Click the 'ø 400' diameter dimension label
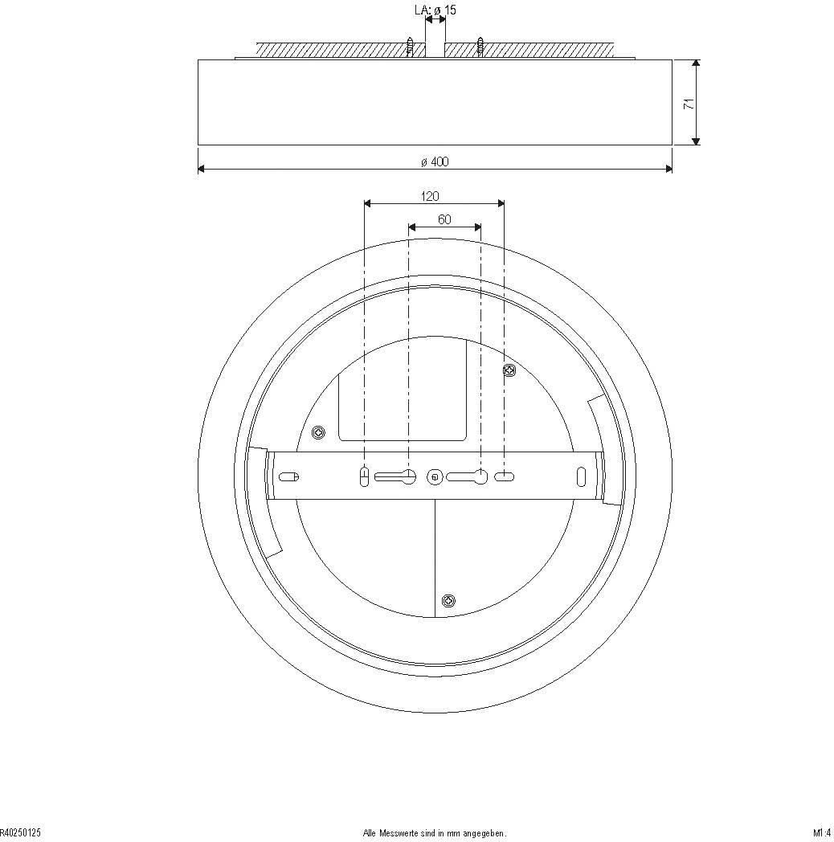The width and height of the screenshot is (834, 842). (435, 161)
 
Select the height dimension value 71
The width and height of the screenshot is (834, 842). (688, 104)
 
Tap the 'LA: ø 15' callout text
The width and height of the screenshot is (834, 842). (435, 10)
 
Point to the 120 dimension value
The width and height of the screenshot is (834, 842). (430, 196)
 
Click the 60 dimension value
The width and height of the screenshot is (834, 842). (444, 219)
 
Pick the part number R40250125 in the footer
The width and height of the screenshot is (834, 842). (21, 833)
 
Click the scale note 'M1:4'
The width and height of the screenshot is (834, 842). (821, 833)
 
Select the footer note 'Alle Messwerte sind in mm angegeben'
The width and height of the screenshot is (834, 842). (435, 834)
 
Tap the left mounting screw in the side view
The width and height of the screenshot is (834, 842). (410, 47)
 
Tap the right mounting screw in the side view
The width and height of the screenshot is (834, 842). (480, 47)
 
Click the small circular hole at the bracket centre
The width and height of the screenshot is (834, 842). (435, 477)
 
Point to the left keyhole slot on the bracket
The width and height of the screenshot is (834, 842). (395, 476)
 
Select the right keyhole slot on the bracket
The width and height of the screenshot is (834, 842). (468, 476)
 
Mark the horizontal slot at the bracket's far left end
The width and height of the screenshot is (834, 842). (288, 476)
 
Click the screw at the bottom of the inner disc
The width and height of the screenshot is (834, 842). (448, 600)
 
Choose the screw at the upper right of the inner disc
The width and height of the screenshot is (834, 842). (509, 370)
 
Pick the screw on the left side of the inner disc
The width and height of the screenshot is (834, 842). (319, 433)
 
